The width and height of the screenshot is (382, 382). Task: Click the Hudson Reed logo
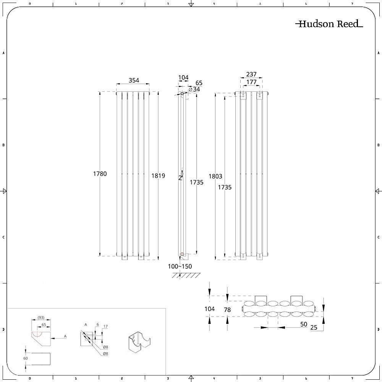(x=329, y=24)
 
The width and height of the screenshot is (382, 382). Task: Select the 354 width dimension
(x=134, y=80)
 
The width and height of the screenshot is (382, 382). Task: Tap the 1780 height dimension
(x=100, y=174)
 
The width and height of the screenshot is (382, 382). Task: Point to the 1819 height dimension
(x=158, y=176)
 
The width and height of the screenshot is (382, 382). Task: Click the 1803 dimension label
(x=215, y=176)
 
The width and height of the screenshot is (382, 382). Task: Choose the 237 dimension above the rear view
(x=251, y=74)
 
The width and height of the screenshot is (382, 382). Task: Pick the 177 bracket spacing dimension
(x=251, y=82)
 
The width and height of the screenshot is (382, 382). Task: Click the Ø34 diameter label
(x=194, y=89)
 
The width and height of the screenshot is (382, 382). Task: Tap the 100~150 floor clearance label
(x=180, y=266)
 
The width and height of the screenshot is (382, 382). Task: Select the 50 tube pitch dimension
(x=304, y=324)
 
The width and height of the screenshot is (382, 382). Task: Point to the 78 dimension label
(x=227, y=310)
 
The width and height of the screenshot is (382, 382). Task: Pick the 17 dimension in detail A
(x=106, y=327)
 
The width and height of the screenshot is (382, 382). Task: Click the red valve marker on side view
(x=182, y=254)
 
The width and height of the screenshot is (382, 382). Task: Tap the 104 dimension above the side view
(x=183, y=78)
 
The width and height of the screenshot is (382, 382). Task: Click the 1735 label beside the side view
(x=197, y=183)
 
